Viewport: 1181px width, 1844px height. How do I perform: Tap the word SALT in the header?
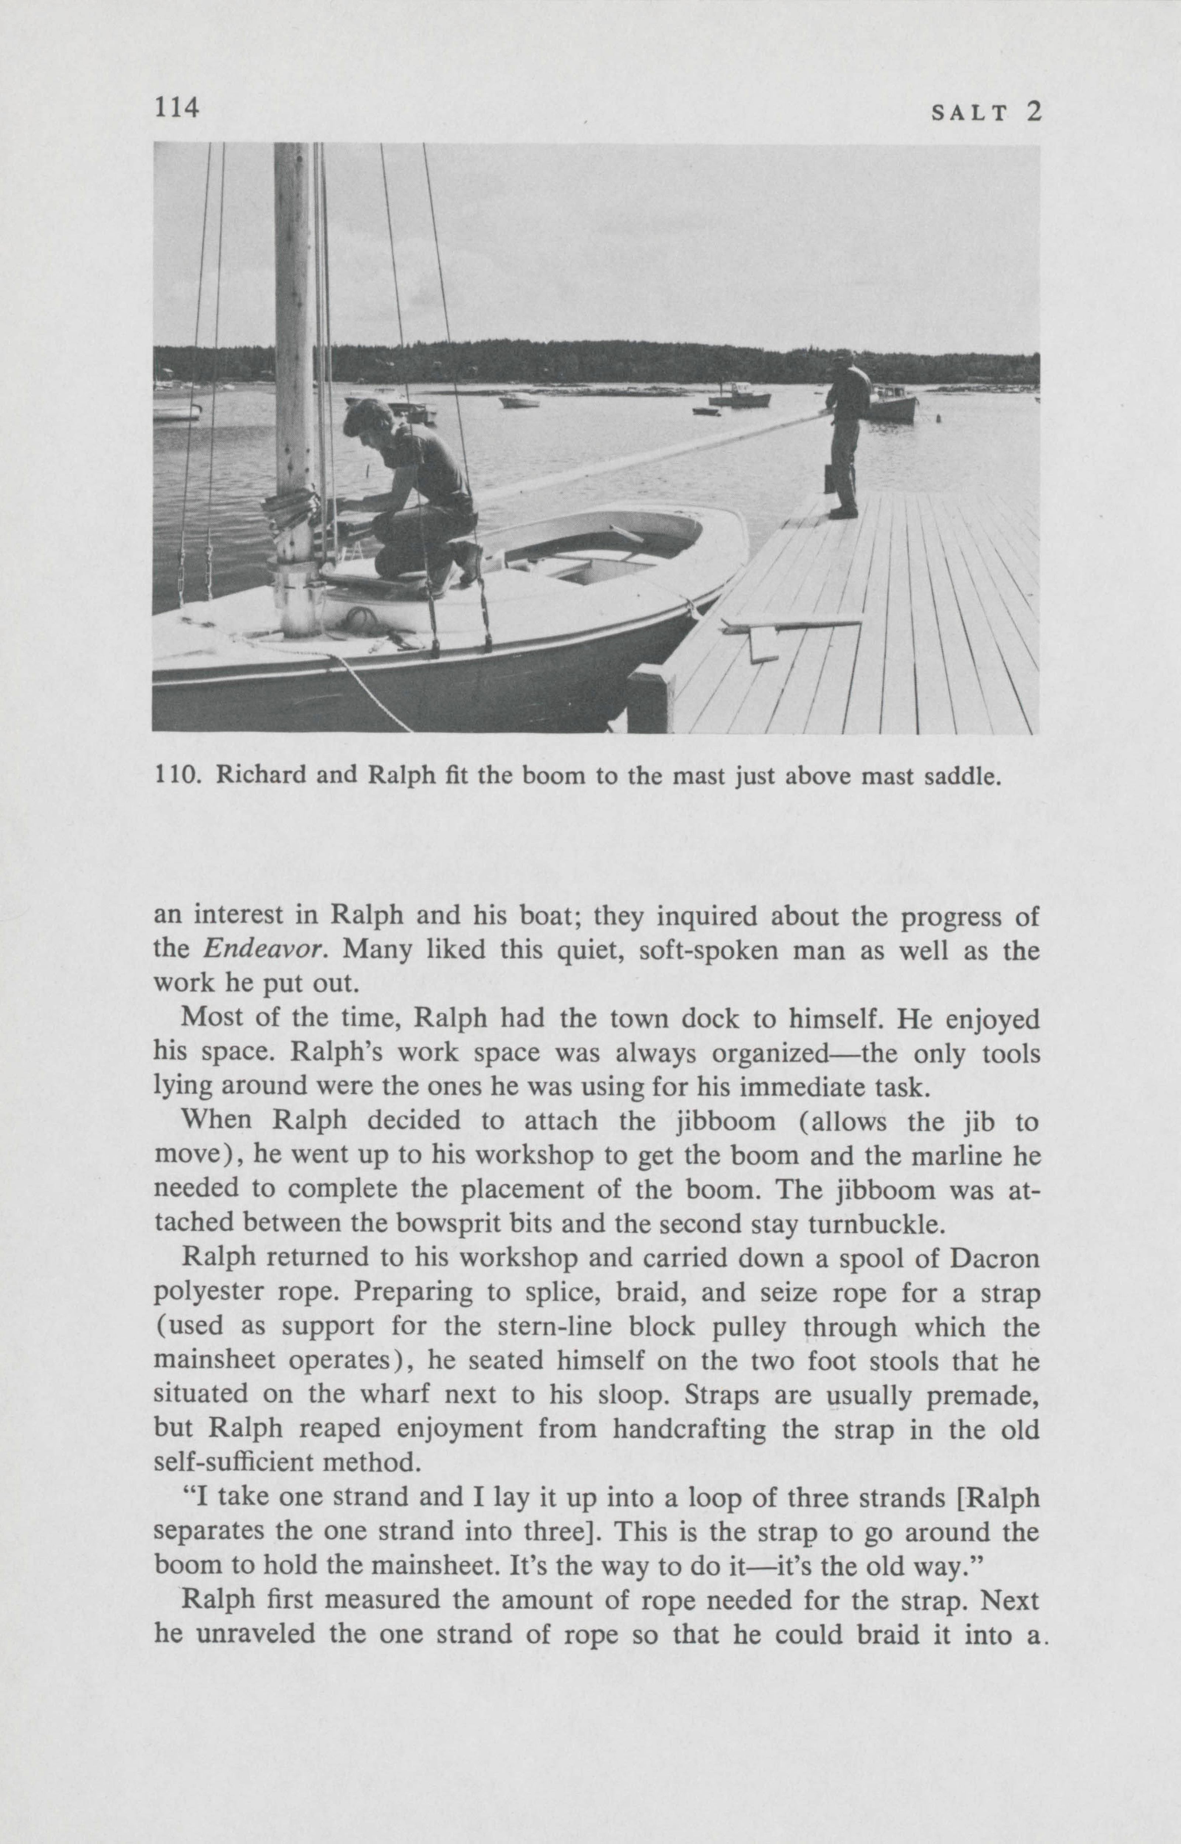(x=969, y=114)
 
